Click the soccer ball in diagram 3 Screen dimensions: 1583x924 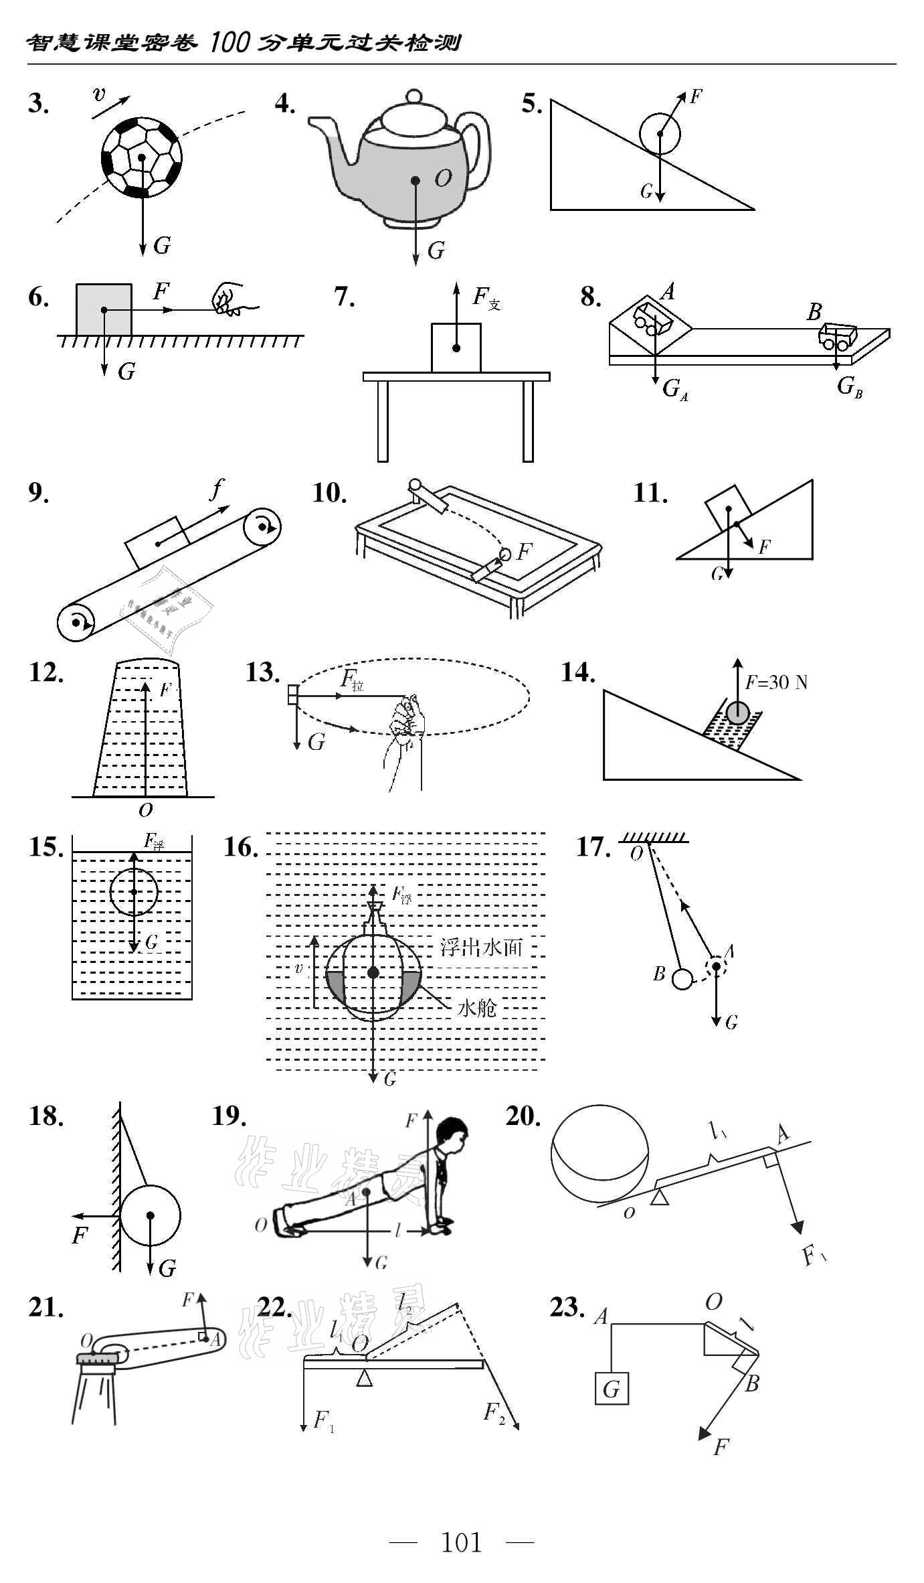141,158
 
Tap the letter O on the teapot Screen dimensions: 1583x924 443,178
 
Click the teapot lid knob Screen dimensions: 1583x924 414,96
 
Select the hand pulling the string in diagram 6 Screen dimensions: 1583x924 227,300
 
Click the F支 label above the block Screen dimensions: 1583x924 485,298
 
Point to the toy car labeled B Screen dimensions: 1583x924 838,335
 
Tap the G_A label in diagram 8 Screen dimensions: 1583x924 674,389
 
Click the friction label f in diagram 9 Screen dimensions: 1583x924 217,491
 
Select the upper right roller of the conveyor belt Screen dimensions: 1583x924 262,528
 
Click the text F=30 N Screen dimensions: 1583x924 776,682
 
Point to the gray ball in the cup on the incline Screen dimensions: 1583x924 737,712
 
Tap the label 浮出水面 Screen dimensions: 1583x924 480,948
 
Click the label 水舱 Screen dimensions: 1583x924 476,1008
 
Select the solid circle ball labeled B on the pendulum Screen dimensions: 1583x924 682,979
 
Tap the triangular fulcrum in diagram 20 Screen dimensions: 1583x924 660,1197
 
